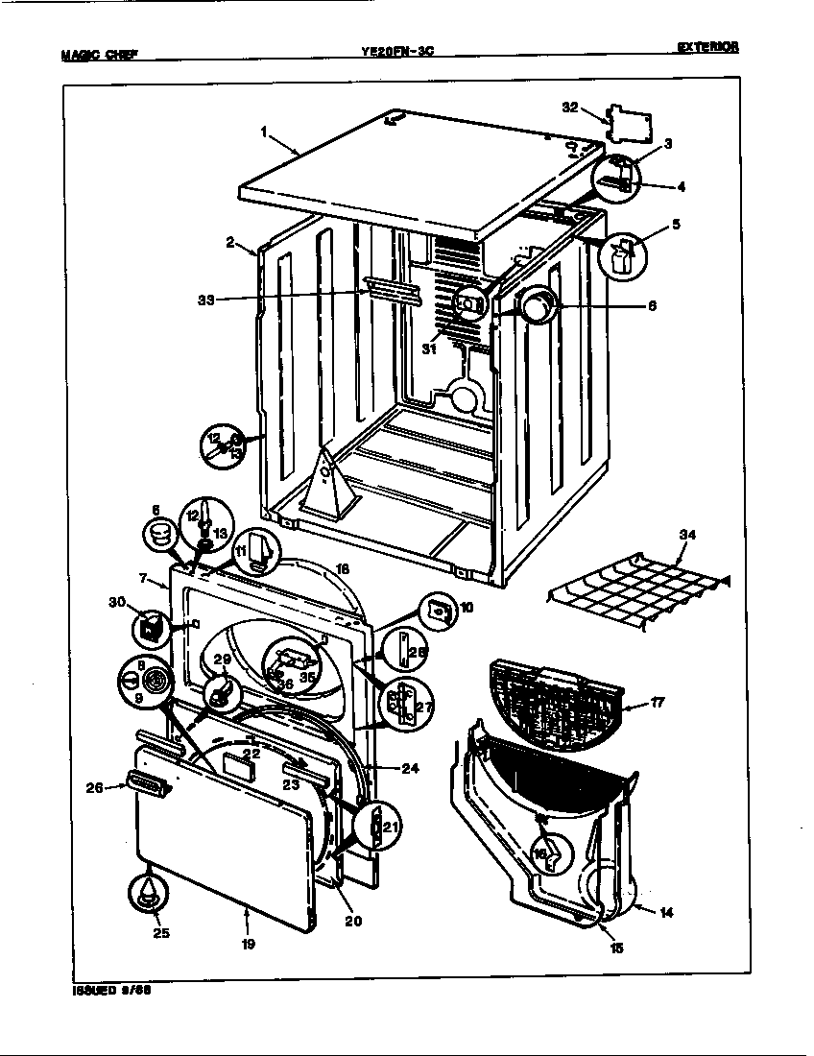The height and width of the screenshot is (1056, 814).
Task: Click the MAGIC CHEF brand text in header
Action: point(99,54)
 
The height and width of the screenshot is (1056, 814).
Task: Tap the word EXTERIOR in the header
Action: point(707,47)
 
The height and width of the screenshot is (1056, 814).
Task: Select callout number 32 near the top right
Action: point(570,108)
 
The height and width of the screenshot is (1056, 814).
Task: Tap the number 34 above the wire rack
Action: point(686,535)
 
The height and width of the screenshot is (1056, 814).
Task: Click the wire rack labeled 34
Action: point(638,595)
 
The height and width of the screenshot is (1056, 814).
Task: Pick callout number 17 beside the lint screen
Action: point(657,703)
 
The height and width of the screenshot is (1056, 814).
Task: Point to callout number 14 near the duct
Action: point(666,912)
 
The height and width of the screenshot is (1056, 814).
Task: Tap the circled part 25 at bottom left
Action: point(146,892)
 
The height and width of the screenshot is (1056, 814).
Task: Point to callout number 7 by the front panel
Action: point(143,579)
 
